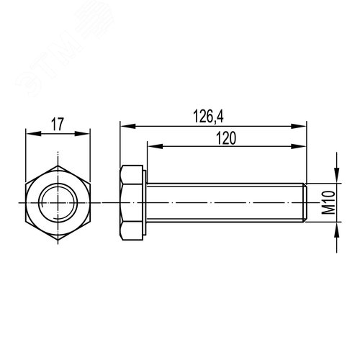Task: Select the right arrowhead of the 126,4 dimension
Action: point(303,125)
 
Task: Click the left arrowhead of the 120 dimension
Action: point(150,146)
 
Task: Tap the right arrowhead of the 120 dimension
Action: point(303,146)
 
